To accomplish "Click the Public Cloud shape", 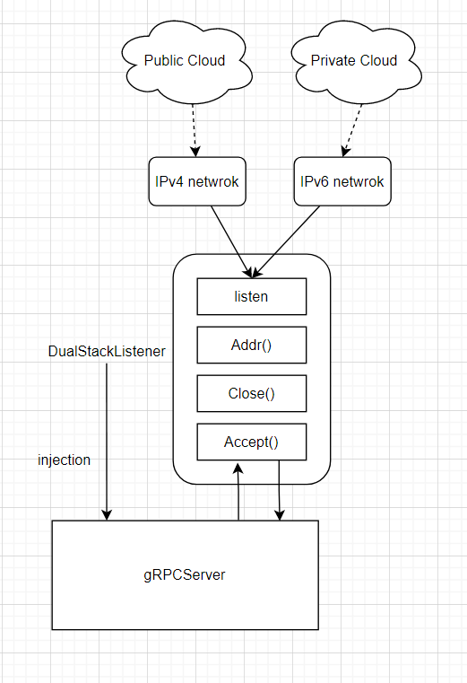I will [185, 61].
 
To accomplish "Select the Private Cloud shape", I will [353, 61].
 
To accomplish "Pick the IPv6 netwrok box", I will [342, 181].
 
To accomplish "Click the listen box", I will [251, 296].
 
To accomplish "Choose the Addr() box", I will [251, 345].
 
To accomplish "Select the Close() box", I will [251, 393].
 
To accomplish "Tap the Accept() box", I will [251, 442].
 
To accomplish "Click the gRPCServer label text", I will [186, 574].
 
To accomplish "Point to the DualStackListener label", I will [107, 352].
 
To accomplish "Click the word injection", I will [64, 460].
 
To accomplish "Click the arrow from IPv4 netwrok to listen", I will [230, 239].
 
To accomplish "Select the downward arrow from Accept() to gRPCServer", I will [280, 492].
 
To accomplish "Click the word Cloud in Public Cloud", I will [206, 61].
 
